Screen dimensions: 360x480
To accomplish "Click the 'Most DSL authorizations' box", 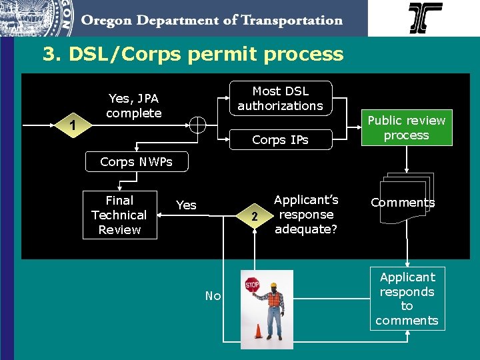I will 280,99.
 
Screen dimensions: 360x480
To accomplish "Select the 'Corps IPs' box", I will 280,140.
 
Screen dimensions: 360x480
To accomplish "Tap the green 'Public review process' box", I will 407,127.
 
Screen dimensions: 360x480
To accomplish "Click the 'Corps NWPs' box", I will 136,161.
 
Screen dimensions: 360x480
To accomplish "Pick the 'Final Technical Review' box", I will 119,215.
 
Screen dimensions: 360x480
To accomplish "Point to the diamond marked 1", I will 73,125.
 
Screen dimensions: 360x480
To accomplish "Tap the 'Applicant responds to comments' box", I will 407,299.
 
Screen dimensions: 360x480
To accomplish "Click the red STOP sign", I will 252,285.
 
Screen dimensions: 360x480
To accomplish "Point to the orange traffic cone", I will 258,331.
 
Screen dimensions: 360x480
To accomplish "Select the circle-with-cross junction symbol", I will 198,125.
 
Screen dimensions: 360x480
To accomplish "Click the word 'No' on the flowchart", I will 213,296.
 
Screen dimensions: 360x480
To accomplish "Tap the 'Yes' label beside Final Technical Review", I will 186,205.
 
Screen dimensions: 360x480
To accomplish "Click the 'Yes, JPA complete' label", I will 133,106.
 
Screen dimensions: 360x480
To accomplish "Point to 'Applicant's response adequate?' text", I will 306,214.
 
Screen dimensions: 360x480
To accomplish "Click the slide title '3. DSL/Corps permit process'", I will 193,54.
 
